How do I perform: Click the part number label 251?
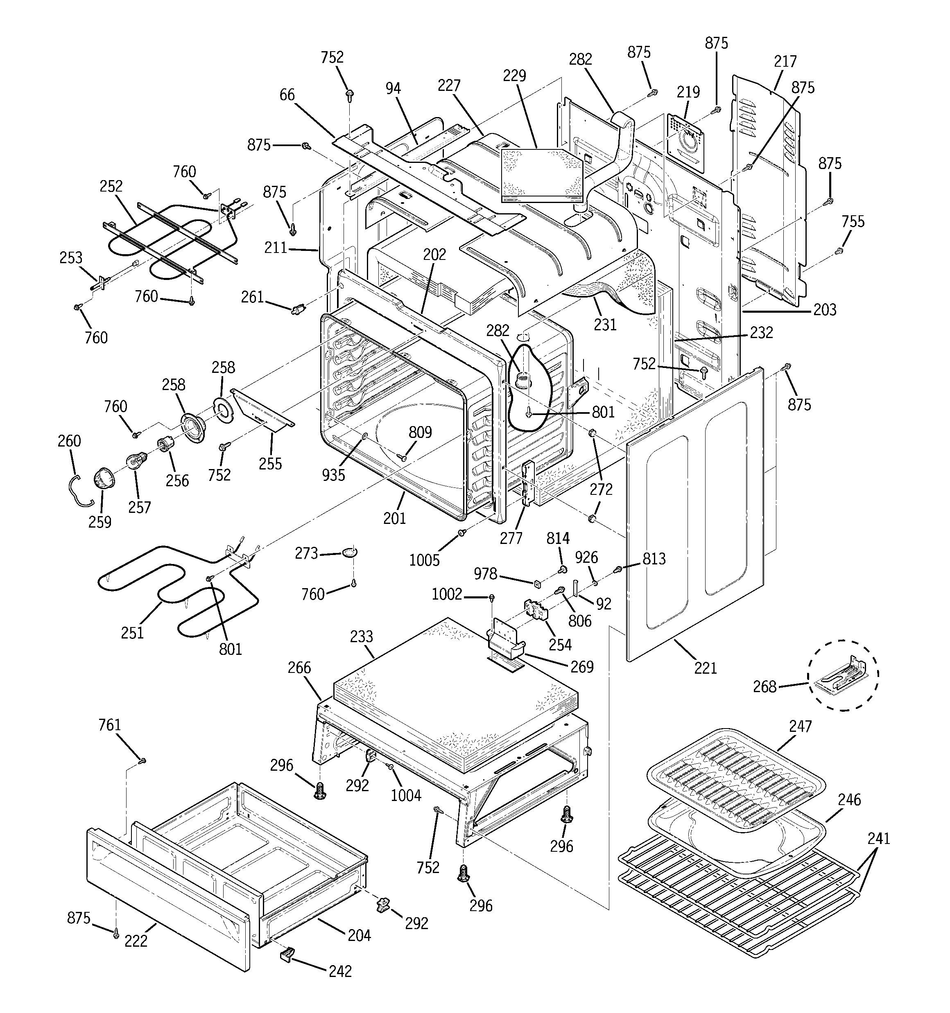(133, 632)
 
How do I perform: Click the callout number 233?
(362, 636)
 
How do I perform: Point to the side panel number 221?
(706, 668)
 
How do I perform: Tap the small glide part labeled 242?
(288, 953)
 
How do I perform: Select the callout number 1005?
(424, 560)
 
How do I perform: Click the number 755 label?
(853, 222)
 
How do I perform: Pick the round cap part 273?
(349, 553)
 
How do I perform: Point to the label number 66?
(287, 95)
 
